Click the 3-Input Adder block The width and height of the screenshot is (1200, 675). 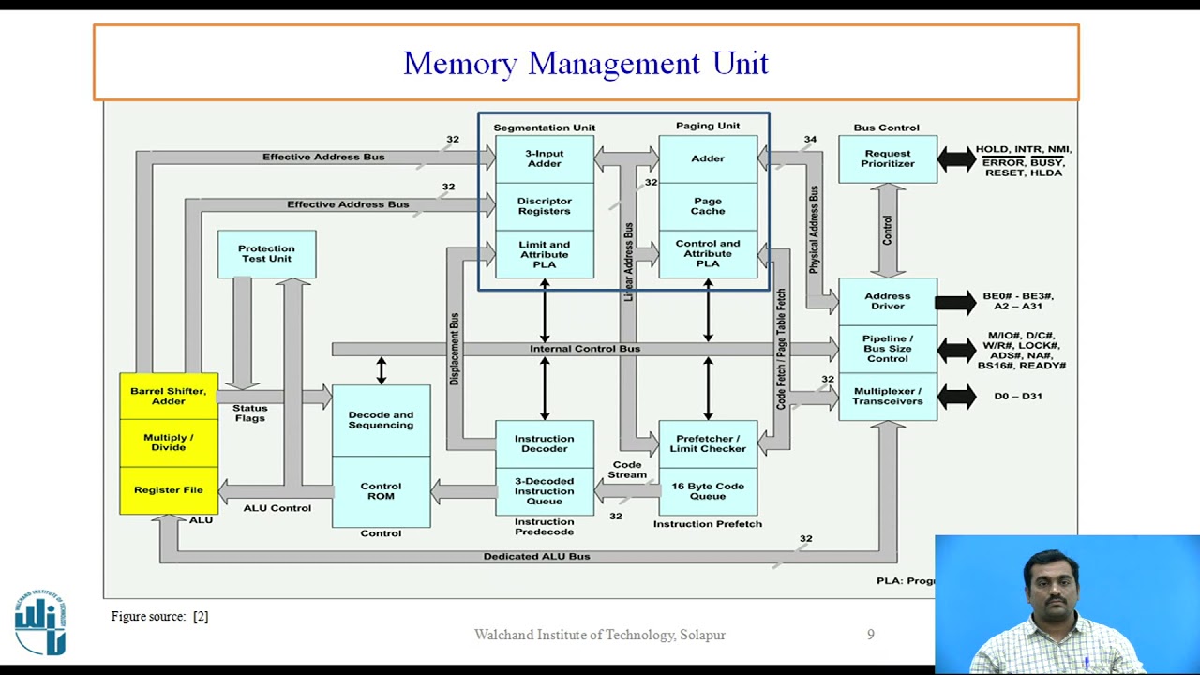click(x=544, y=158)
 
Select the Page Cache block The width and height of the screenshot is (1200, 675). click(x=707, y=206)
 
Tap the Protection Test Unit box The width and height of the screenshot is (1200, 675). click(x=266, y=254)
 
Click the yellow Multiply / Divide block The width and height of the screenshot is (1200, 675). click(x=169, y=442)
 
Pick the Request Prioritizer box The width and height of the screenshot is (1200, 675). click(x=887, y=158)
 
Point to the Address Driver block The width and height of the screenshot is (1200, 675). click(x=887, y=301)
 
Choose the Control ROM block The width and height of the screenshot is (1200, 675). click(x=381, y=491)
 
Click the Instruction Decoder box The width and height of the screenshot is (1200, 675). click(x=544, y=443)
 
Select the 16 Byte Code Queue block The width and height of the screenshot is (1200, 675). click(x=707, y=491)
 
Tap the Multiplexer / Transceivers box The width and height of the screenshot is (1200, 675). click(x=887, y=397)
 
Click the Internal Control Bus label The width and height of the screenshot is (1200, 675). click(x=584, y=349)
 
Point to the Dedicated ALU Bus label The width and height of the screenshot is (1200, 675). click(x=536, y=556)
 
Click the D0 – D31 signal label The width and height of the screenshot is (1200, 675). click(x=1017, y=397)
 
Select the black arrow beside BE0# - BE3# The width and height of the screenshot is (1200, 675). click(x=955, y=302)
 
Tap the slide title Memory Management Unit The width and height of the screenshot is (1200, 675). click(x=586, y=63)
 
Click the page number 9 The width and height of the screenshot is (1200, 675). click(x=870, y=635)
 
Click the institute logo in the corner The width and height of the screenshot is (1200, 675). click(x=40, y=622)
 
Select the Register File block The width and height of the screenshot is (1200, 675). click(x=169, y=490)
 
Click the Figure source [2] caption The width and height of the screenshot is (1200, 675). click(x=159, y=616)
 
